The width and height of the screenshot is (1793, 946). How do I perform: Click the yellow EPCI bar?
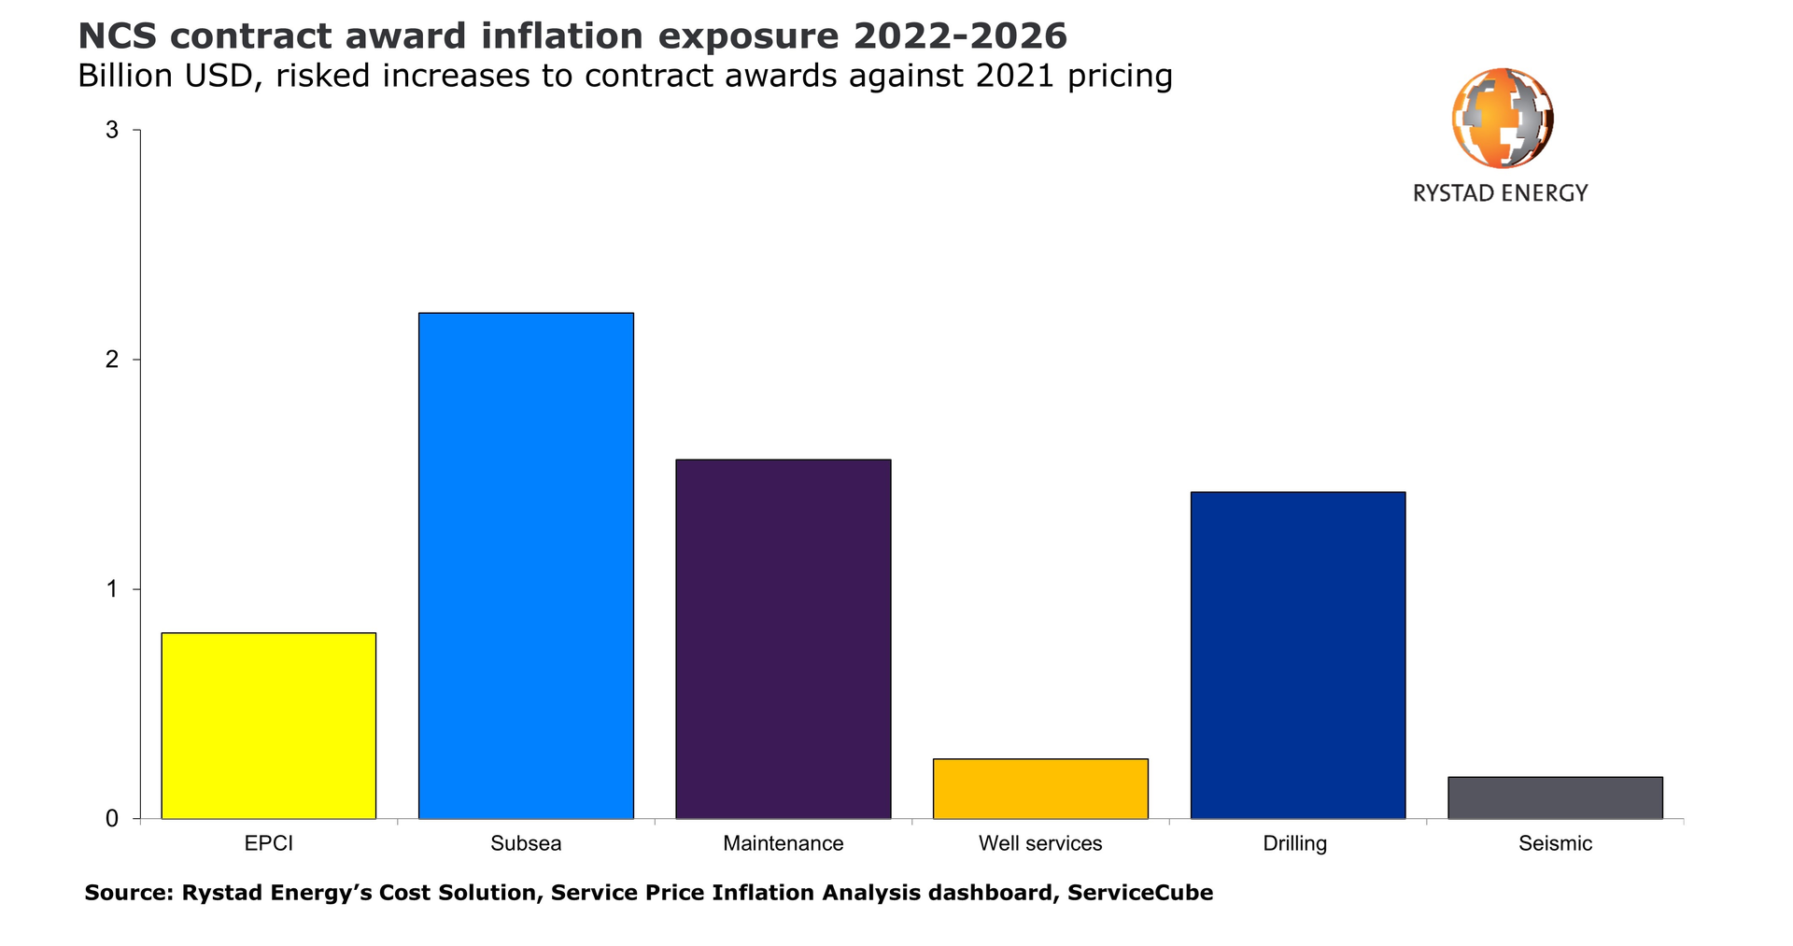point(269,726)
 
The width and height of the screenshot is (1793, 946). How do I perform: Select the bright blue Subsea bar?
point(526,566)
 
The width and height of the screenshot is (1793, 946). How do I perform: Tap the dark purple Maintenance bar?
point(783,639)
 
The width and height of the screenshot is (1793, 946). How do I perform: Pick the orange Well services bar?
point(1040,788)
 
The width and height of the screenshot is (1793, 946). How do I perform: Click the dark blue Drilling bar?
point(1297,656)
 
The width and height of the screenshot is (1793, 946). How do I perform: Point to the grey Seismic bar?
point(1555,798)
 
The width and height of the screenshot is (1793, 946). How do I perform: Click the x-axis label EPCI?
point(269,843)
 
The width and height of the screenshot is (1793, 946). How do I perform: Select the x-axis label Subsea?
point(526,843)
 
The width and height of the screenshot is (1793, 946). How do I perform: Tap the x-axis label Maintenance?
point(783,843)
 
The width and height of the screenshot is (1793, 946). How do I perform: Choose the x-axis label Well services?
point(1040,843)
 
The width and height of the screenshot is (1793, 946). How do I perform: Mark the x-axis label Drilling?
point(1294,843)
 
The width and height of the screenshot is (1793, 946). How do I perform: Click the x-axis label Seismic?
point(1555,843)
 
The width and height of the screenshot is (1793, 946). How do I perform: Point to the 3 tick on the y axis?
point(113,131)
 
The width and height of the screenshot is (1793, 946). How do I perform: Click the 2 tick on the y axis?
point(113,360)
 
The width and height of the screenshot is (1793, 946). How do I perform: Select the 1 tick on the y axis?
point(113,589)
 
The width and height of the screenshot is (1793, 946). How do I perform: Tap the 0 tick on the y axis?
point(113,819)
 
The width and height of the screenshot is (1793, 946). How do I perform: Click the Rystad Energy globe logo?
point(1502,119)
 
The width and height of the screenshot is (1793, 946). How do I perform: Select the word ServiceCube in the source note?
point(1139,893)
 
